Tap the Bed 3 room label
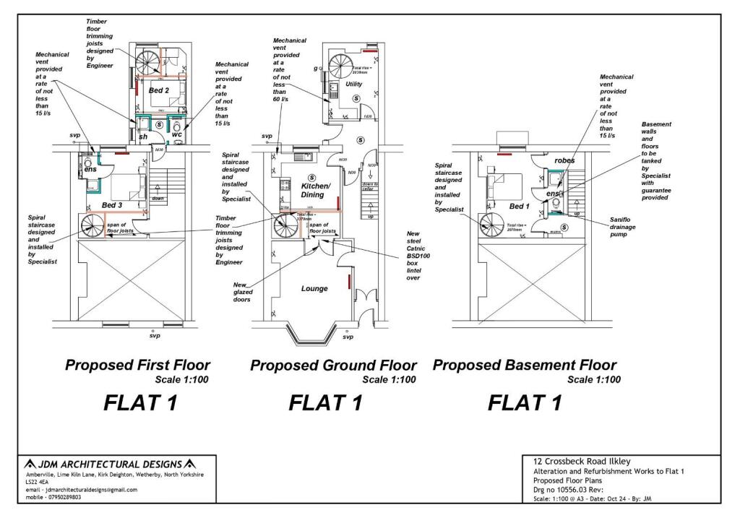(112, 205)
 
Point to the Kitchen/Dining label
(315, 191)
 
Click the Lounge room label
(314, 288)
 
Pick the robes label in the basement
(564, 160)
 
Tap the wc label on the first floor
(177, 134)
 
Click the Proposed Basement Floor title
(525, 365)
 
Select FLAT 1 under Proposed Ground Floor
(325, 402)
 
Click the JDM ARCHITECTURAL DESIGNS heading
(110, 463)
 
